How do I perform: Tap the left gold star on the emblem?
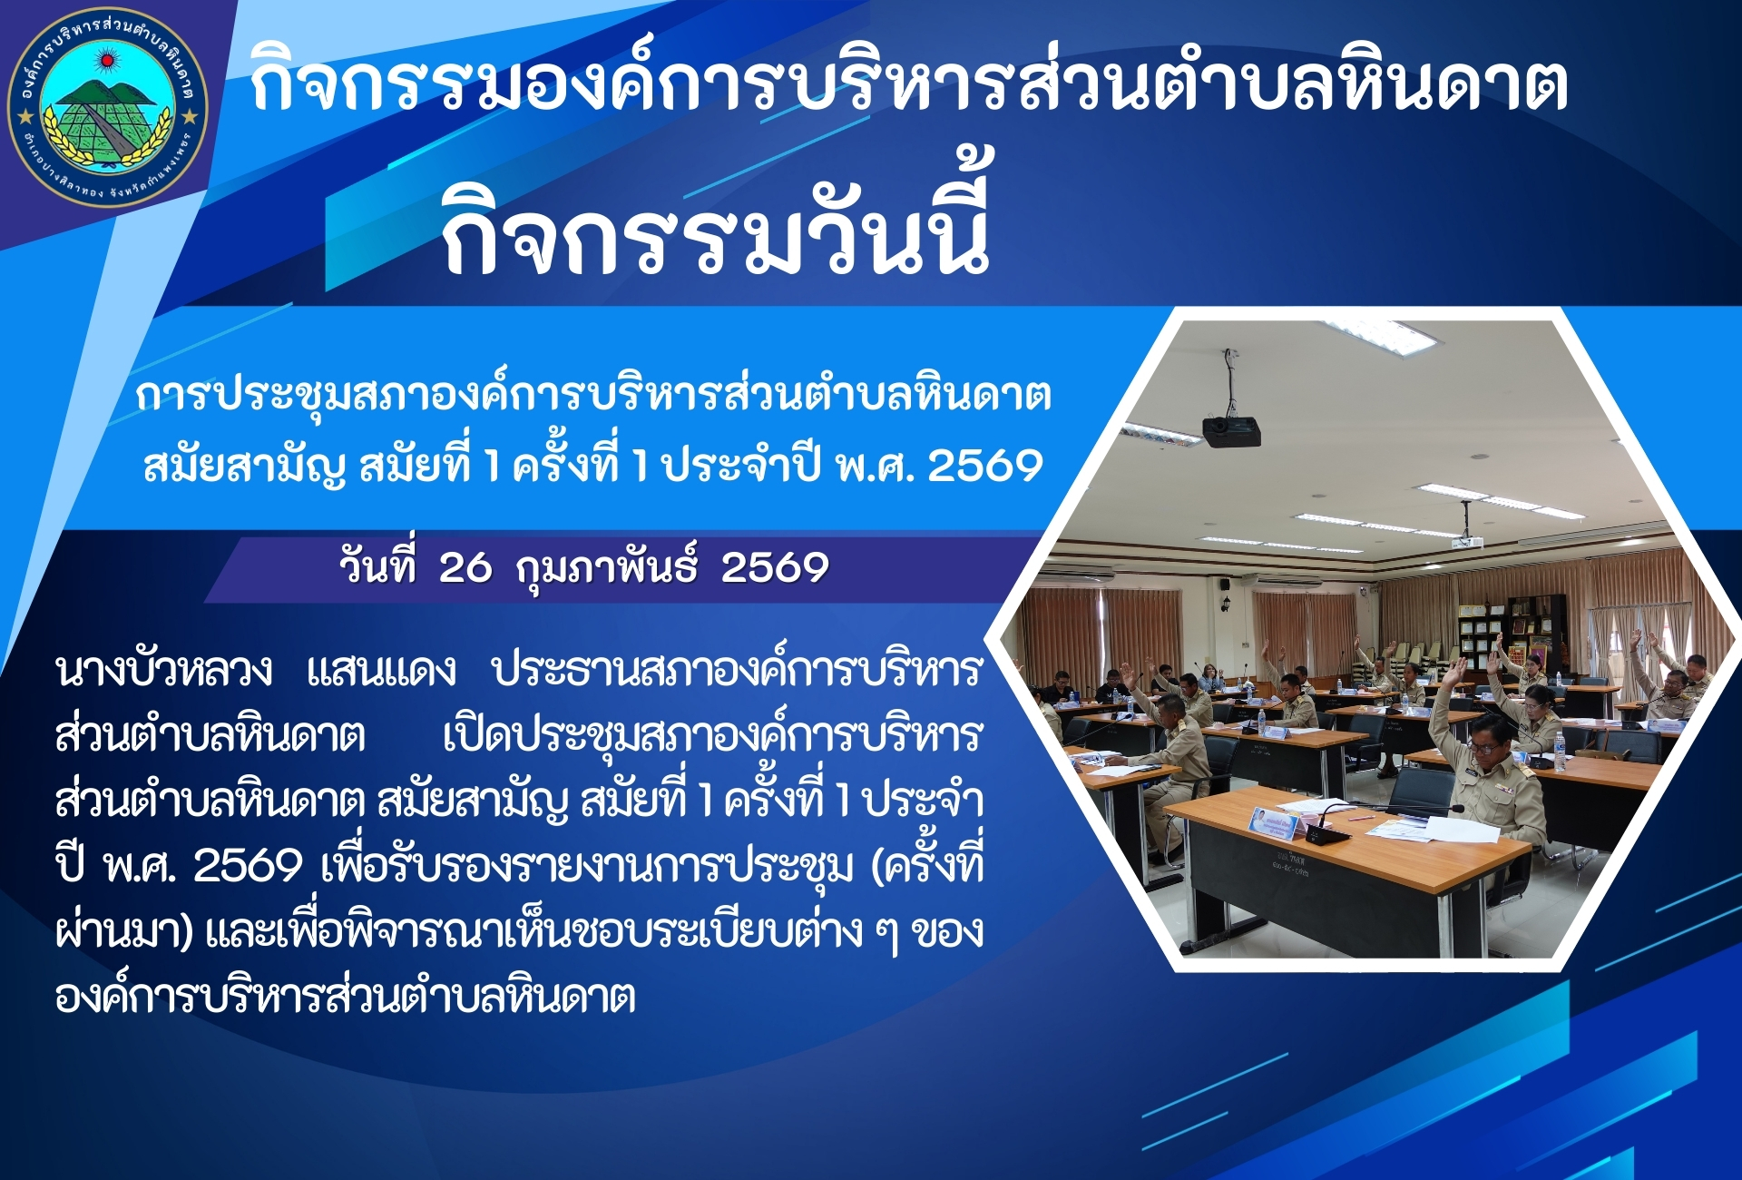[26, 116]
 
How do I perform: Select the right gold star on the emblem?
[190, 116]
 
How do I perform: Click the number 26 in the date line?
[465, 568]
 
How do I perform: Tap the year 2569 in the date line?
[775, 568]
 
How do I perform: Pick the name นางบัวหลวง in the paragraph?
[163, 670]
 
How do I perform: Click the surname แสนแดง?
[381, 672]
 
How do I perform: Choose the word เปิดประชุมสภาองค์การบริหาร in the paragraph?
[712, 735]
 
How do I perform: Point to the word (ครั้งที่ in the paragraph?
[927, 864]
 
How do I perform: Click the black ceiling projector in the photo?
[1231, 430]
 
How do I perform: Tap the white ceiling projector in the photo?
[1467, 543]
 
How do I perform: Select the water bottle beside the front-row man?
[1559, 752]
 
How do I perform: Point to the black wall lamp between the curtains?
[1228, 604]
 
